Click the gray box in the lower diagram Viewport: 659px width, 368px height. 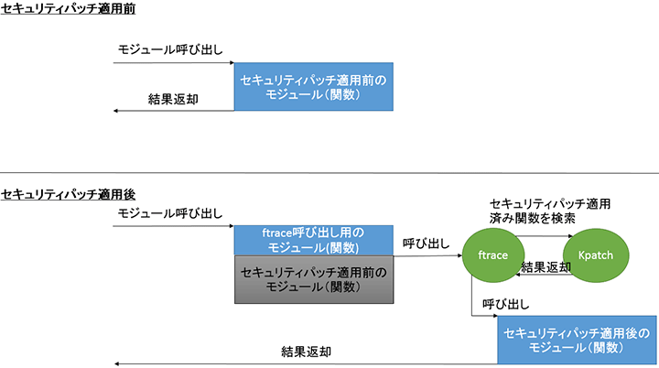(x=314, y=280)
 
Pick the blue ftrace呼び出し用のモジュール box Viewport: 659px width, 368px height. (x=314, y=241)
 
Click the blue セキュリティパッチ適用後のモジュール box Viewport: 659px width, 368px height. (x=577, y=340)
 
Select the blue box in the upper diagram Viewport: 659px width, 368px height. (x=314, y=87)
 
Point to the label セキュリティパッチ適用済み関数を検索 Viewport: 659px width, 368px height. (x=549, y=211)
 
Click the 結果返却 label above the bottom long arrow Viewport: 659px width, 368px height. (x=307, y=351)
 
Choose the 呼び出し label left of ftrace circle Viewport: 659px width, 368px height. (x=427, y=244)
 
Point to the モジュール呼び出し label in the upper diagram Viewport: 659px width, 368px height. (x=170, y=48)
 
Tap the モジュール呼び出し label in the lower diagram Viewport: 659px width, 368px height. (x=170, y=213)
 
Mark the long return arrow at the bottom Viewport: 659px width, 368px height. (x=275, y=363)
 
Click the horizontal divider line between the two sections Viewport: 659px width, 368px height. (x=329, y=173)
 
